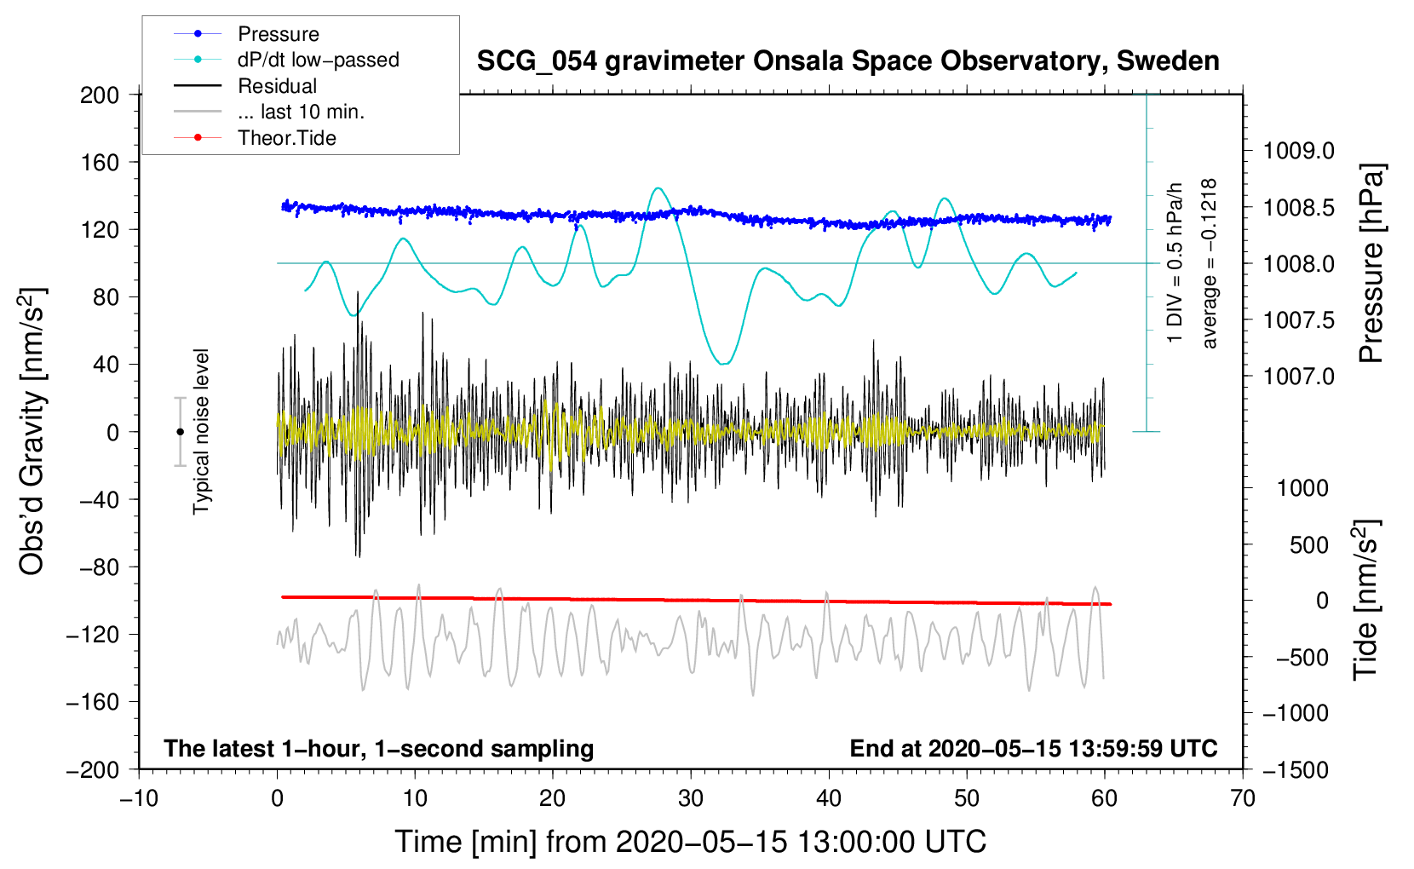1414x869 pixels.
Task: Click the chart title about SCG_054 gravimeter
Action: pyautogui.click(x=848, y=61)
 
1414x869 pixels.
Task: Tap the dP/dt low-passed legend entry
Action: pyautogui.click(x=318, y=60)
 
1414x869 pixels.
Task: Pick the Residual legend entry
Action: pyautogui.click(x=277, y=86)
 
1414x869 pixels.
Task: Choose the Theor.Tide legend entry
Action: pyautogui.click(x=286, y=138)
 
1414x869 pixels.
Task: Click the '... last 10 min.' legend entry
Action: pyautogui.click(x=301, y=112)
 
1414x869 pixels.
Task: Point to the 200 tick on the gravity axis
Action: pyautogui.click(x=100, y=95)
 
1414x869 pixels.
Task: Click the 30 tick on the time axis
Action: pyautogui.click(x=691, y=798)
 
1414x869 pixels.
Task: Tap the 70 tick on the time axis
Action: pyautogui.click(x=1243, y=798)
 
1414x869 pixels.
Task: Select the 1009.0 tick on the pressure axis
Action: pyautogui.click(x=1299, y=152)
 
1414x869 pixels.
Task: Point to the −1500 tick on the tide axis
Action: pyautogui.click(x=1296, y=770)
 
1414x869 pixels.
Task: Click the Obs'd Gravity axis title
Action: pyautogui.click(x=32, y=432)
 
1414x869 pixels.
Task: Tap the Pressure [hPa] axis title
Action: pyautogui.click(x=1371, y=263)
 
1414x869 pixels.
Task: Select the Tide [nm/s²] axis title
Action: pyautogui.click(x=1366, y=600)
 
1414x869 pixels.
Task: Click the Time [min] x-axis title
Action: pyautogui.click(x=691, y=842)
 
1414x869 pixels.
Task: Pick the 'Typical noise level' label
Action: pyautogui.click(x=201, y=431)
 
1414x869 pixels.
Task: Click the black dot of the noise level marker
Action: pyautogui.click(x=180, y=432)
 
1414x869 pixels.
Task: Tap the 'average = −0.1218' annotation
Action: pyautogui.click(x=1210, y=263)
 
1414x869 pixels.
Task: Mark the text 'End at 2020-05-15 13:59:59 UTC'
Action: pyautogui.click(x=1033, y=749)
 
